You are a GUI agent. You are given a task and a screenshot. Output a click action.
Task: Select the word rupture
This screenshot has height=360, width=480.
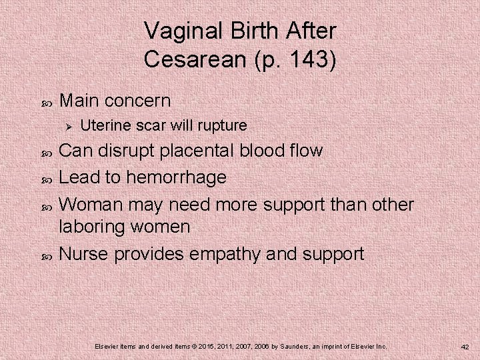[223, 125]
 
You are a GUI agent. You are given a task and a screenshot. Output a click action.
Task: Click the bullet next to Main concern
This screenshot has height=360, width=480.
[45, 102]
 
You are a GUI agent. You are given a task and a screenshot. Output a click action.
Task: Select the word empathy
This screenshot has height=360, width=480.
[221, 253]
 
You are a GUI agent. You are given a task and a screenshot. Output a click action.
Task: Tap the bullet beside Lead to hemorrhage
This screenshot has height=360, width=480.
[45, 178]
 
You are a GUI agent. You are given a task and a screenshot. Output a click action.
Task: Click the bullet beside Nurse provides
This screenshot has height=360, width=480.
[45, 254]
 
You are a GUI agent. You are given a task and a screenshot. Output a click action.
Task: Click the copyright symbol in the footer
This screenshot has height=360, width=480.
[191, 347]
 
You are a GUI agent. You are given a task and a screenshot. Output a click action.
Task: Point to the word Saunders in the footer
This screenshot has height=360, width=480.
[303, 347]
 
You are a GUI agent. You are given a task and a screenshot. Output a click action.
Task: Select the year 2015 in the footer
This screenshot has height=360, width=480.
[205, 347]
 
